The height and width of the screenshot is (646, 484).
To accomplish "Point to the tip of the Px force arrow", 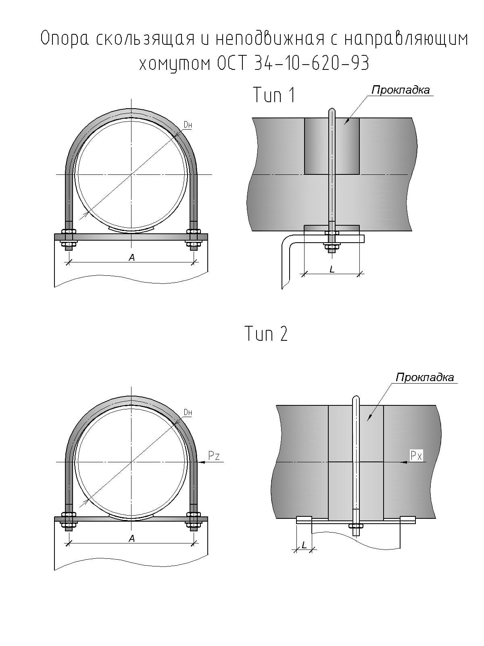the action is pyautogui.click(x=401, y=462).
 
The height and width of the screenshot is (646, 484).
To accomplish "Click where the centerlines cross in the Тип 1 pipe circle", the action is pyautogui.click(x=131, y=174).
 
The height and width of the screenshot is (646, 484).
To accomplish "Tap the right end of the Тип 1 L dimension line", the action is pyautogui.click(x=359, y=274).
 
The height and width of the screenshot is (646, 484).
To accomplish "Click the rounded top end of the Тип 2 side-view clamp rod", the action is pyautogui.click(x=356, y=397).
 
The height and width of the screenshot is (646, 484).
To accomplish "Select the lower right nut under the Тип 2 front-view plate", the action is pyautogui.click(x=193, y=525).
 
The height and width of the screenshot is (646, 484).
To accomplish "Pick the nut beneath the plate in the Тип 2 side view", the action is pyautogui.click(x=356, y=526).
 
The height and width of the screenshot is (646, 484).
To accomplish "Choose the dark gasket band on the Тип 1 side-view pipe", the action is pyautogui.click(x=332, y=146).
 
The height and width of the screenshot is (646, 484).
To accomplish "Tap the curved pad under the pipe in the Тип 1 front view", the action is pyautogui.click(x=131, y=230).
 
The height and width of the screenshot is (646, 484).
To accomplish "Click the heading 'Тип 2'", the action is pyautogui.click(x=266, y=334).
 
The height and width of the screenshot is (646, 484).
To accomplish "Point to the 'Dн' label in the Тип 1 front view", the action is pyautogui.click(x=188, y=125).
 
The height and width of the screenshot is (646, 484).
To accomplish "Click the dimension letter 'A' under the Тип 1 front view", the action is pyautogui.click(x=131, y=258).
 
